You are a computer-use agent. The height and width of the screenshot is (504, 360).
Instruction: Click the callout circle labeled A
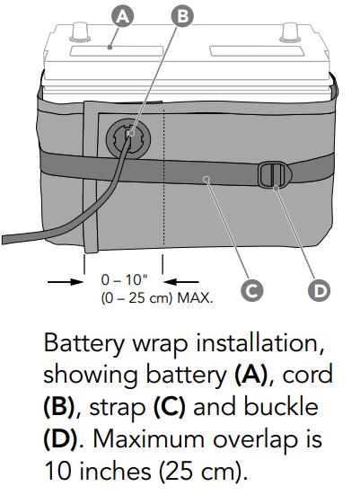122,16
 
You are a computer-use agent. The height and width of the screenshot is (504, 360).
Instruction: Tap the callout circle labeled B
182,16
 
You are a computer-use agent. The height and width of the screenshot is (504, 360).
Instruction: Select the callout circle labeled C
251,290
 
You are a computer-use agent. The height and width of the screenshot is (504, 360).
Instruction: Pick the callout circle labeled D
319,290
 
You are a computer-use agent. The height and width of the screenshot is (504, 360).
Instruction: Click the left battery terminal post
80,31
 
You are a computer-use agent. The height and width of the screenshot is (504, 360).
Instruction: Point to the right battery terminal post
290,32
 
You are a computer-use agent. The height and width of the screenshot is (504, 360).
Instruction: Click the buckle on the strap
275,175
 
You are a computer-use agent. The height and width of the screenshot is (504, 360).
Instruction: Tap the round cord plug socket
128,138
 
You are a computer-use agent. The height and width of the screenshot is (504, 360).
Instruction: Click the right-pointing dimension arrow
65,282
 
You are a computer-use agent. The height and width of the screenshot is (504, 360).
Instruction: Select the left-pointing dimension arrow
181,282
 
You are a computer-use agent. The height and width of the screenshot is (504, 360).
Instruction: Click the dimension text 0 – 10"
124,279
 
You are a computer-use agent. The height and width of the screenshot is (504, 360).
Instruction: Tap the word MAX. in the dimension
195,298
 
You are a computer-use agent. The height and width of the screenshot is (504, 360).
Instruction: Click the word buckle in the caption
281,406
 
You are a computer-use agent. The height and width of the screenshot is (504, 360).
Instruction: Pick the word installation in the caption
259,343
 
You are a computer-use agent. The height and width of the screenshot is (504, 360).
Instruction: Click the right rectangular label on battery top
256,50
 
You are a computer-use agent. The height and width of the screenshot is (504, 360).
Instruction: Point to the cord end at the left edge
4,240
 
